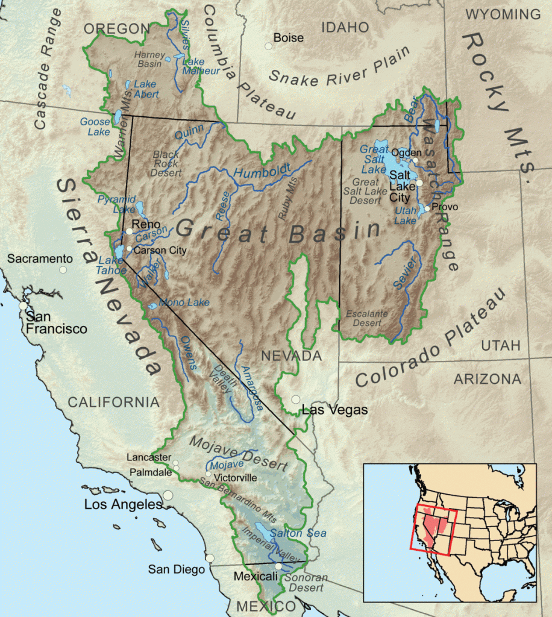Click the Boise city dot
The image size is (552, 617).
[268, 46]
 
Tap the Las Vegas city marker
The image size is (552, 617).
[296, 399]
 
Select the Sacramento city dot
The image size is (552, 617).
[63, 269]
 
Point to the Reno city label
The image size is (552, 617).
[146, 224]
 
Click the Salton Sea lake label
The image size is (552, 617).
[298, 533]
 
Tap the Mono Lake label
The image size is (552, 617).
[184, 302]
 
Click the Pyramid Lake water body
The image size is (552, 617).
[140, 210]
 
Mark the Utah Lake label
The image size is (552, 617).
[406, 216]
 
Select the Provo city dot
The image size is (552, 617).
[427, 208]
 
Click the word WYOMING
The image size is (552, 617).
[503, 14]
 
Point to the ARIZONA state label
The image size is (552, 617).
[487, 379]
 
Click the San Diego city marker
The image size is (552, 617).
[209, 558]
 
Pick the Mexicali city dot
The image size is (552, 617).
[278, 566]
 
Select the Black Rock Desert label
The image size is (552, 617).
[167, 163]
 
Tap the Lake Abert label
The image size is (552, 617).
[146, 89]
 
